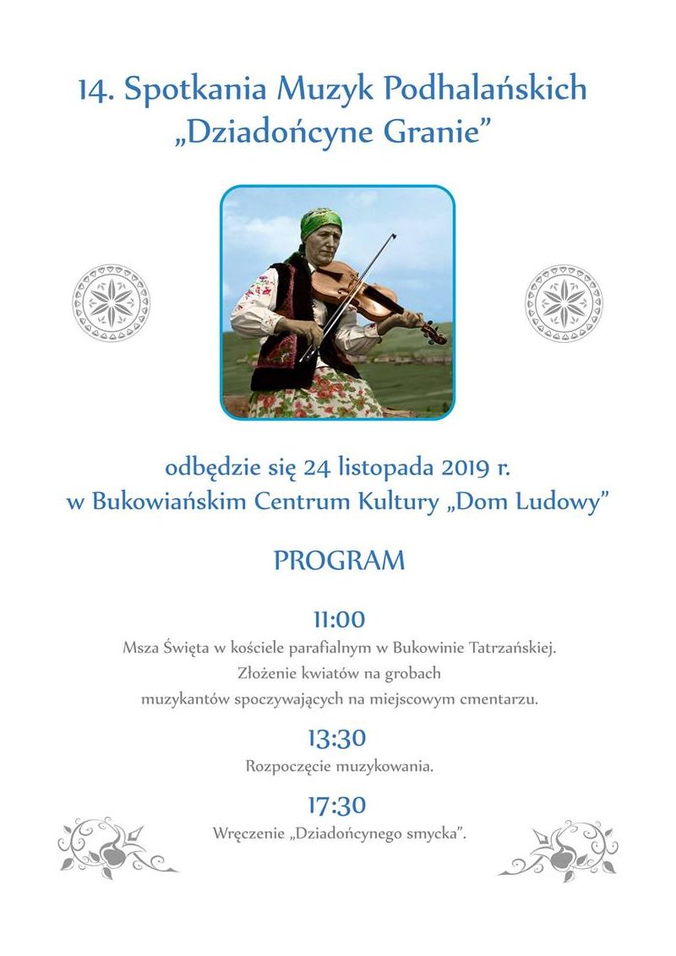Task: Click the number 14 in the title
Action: pyautogui.click(x=95, y=90)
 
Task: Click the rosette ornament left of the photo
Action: pyautogui.click(x=111, y=302)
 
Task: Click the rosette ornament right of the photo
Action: pyautogui.click(x=563, y=302)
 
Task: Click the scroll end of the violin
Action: pyautogui.click(x=439, y=335)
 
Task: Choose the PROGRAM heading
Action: pyautogui.click(x=339, y=561)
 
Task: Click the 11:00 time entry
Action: pyautogui.click(x=339, y=620)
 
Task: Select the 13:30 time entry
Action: pyautogui.click(x=337, y=739)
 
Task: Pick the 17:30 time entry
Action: pyautogui.click(x=337, y=805)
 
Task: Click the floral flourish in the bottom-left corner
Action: pyautogui.click(x=113, y=847)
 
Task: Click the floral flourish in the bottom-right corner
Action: pyautogui.click(x=563, y=847)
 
